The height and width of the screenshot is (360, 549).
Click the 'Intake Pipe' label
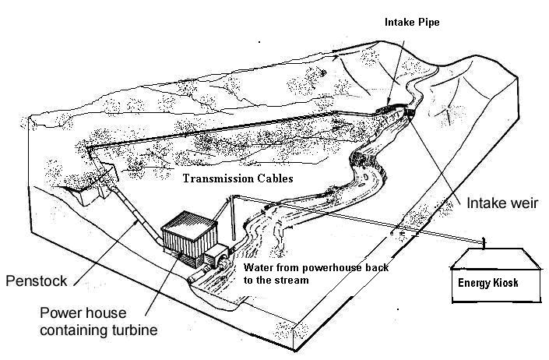tap(412, 23)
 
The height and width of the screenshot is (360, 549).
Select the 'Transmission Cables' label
tap(238, 178)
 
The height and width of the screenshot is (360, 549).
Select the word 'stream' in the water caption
tap(293, 278)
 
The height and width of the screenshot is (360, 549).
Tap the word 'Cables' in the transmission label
tap(273, 178)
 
